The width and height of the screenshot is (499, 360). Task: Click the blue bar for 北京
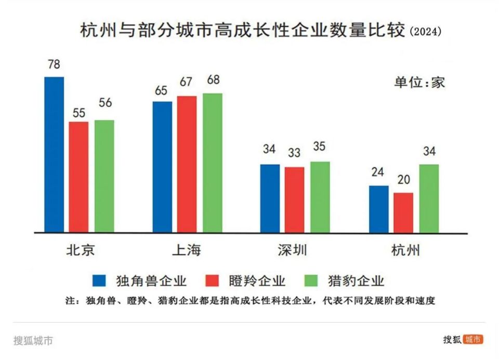click(54, 154)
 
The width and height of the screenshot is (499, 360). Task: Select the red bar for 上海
click(187, 164)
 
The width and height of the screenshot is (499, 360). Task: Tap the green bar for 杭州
click(429, 198)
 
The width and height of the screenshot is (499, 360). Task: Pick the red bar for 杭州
click(403, 212)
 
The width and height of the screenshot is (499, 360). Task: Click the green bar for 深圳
click(320, 197)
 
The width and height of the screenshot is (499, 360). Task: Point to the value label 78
click(54, 65)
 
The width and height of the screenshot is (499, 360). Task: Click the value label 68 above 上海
click(213, 81)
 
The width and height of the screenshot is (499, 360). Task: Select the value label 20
click(403, 180)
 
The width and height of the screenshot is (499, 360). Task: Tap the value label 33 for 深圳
click(294, 154)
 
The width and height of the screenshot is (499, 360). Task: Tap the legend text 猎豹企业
click(356, 281)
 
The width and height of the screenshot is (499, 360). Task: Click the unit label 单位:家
click(419, 82)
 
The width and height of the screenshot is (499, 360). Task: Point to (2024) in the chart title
click(426, 32)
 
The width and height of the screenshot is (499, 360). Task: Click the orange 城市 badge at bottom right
click(473, 339)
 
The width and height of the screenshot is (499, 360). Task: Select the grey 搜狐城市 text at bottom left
click(33, 341)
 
